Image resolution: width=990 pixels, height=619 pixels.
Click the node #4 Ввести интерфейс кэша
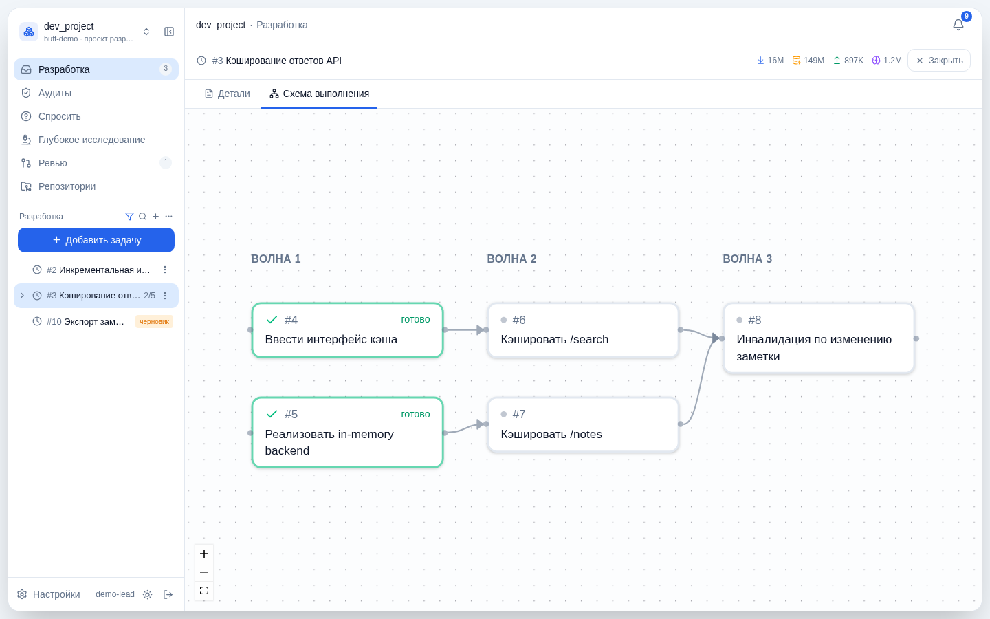tap(347, 330)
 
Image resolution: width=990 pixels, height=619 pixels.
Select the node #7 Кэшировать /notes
tap(583, 424)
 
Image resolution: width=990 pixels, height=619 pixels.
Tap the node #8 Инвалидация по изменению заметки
tap(819, 338)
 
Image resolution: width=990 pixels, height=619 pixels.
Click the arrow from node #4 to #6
tap(465, 330)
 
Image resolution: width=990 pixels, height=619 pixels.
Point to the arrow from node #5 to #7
tap(465, 428)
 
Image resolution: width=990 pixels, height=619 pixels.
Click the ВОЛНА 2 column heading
tap(511, 259)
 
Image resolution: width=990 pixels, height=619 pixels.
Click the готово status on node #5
tap(415, 414)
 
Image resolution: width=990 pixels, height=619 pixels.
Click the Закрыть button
tap(939, 61)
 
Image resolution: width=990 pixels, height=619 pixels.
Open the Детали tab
tap(227, 94)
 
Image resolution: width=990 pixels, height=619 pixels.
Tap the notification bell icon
tap(958, 25)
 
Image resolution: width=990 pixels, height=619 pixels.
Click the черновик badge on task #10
tap(154, 321)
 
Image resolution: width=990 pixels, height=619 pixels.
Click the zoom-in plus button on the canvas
tap(204, 554)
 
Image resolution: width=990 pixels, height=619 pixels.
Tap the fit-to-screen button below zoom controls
tap(204, 591)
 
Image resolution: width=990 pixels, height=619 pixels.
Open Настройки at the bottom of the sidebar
tap(49, 594)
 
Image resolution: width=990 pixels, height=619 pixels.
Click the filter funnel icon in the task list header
tap(129, 216)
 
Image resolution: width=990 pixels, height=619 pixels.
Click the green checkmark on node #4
tap(272, 320)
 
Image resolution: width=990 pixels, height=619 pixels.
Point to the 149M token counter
tap(808, 61)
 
